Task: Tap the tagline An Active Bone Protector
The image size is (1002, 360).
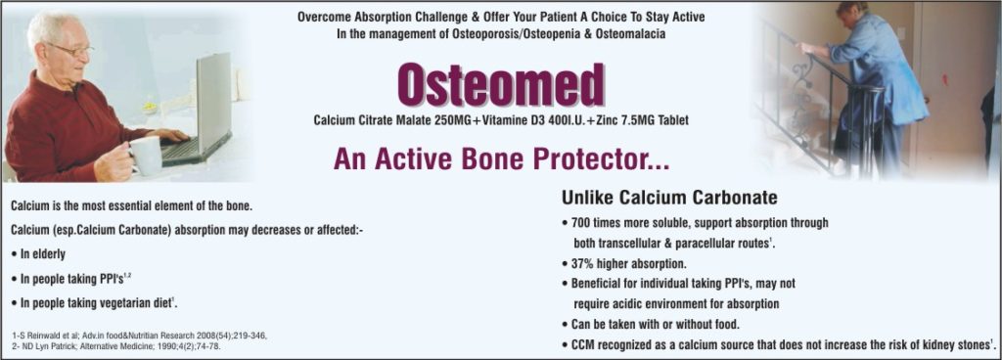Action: click(x=501, y=159)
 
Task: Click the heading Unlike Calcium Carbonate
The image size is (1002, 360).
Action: click(x=669, y=197)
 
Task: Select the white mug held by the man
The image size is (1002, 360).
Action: click(x=145, y=155)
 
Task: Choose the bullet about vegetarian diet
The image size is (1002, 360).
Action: click(x=98, y=302)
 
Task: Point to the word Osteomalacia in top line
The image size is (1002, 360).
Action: click(x=626, y=34)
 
